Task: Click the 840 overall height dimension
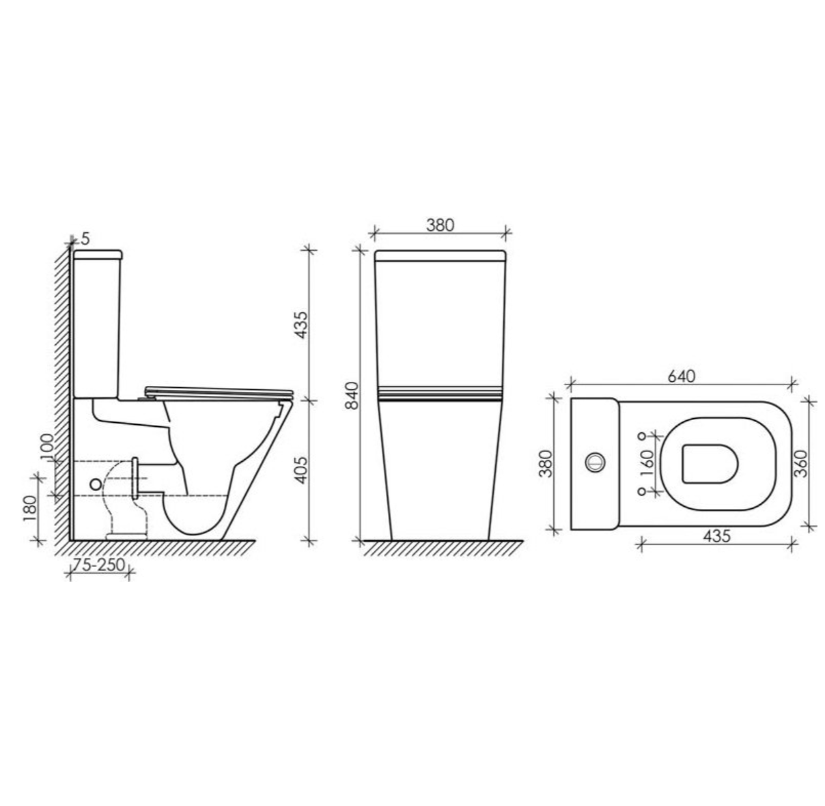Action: [352, 395]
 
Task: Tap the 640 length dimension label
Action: [682, 376]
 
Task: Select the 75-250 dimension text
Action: [99, 564]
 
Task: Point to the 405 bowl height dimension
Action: [301, 469]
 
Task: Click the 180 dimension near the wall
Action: [31, 509]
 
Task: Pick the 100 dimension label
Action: [48, 447]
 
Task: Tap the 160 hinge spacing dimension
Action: [647, 463]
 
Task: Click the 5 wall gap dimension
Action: [85, 239]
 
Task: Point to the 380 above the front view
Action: [440, 225]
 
